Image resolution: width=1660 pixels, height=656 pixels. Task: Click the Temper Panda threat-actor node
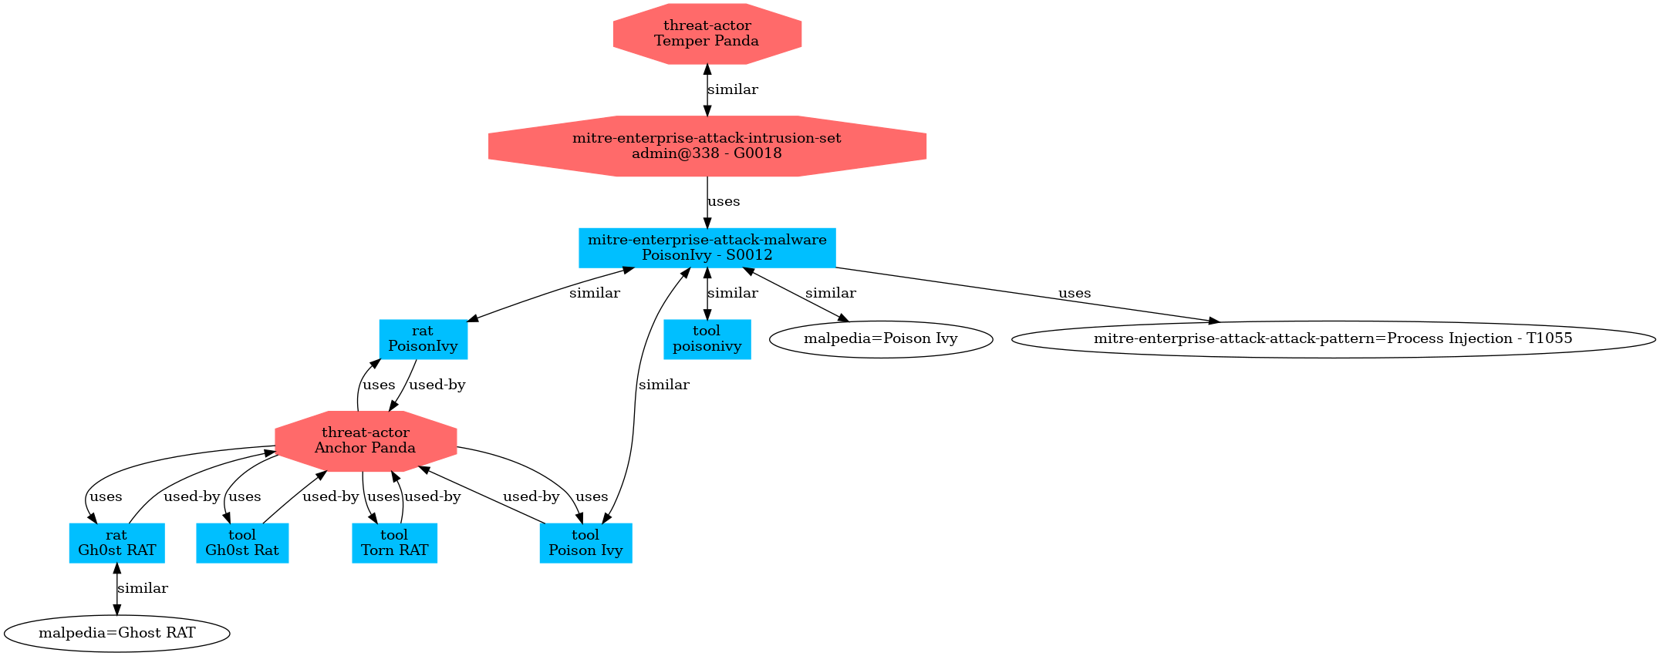(707, 34)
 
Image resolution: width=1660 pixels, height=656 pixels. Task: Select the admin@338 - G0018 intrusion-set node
(707, 146)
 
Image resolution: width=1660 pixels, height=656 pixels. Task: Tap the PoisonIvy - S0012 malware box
(707, 247)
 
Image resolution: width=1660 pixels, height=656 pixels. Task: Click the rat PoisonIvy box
(423, 339)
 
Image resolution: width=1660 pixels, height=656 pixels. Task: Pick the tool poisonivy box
(707, 339)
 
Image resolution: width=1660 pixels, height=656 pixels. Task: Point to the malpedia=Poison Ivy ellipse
(880, 339)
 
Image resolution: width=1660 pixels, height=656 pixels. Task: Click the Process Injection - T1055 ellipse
(1332, 339)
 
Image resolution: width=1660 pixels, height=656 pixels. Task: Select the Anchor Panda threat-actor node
(365, 441)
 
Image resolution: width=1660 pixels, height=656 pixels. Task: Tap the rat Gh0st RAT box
(116, 543)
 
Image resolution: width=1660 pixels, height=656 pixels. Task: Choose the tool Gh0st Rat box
(242, 543)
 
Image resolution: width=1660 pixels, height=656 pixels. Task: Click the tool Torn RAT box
(394, 543)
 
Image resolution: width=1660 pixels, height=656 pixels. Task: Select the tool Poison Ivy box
(585, 543)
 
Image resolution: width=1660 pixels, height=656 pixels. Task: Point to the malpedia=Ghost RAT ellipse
(116, 634)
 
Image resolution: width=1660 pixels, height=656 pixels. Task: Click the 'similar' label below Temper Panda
(732, 89)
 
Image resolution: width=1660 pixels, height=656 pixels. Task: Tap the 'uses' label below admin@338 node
(724, 202)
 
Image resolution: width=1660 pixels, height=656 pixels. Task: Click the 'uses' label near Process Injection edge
(1074, 294)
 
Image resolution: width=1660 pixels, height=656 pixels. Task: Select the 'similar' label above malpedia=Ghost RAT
(143, 589)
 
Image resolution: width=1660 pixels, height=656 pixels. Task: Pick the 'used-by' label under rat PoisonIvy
(437, 385)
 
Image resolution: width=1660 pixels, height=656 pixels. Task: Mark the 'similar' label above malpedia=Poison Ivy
(830, 294)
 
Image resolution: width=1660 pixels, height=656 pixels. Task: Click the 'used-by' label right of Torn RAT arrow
(432, 497)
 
